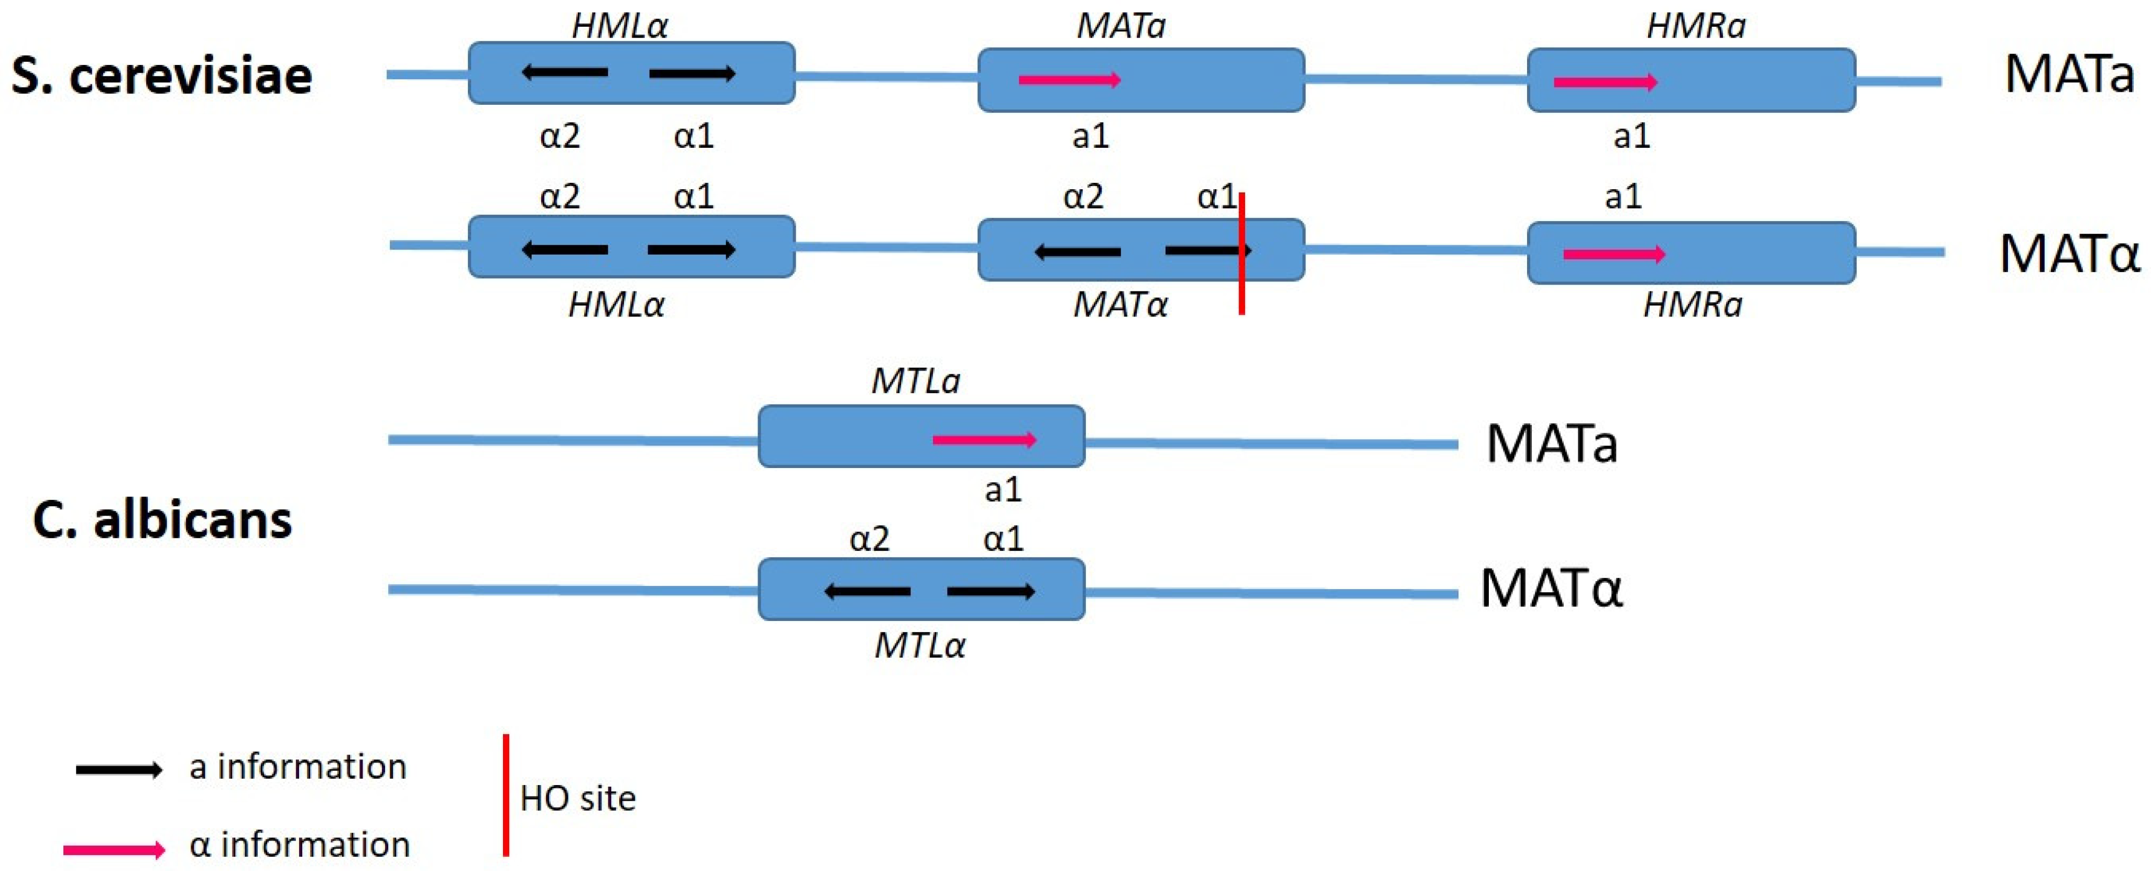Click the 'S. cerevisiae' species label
click(x=161, y=76)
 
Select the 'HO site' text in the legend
click(x=577, y=798)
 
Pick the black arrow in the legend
click(x=118, y=769)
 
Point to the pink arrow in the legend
click(x=114, y=850)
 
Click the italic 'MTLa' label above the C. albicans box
click(x=915, y=382)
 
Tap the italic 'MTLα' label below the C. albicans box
click(x=919, y=646)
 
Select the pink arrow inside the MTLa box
click(x=984, y=439)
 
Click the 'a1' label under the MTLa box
click(x=1003, y=489)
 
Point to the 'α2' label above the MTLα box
click(x=869, y=539)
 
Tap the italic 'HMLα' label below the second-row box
click(x=616, y=305)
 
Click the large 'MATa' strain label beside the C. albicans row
click(x=1552, y=443)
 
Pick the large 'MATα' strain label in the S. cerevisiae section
click(x=2069, y=253)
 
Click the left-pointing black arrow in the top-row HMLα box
click(x=565, y=73)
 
